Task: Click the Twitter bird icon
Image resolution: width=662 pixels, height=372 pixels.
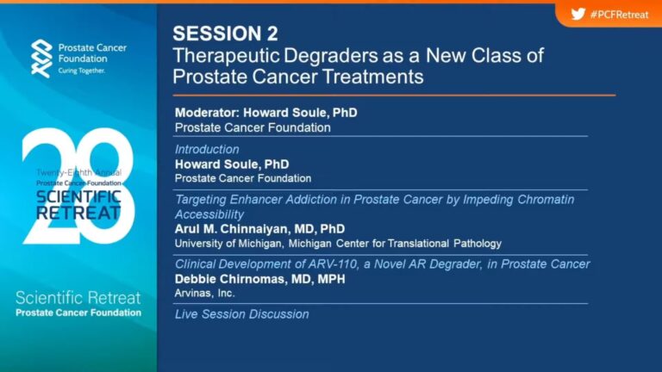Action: (x=578, y=15)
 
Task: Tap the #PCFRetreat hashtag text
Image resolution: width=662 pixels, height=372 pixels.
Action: (x=620, y=15)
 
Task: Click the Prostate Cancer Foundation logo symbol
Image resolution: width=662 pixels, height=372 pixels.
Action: (x=41, y=59)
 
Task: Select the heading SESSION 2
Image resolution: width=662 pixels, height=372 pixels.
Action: (x=226, y=34)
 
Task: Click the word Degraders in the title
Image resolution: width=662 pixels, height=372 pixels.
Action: (x=323, y=55)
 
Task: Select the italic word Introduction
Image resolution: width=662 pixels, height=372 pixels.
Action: (x=207, y=149)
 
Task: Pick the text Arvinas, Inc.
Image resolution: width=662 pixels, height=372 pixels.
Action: (x=205, y=293)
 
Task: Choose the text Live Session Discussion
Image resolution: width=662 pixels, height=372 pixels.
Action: (x=242, y=314)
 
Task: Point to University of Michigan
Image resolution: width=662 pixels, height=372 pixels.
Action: (x=228, y=244)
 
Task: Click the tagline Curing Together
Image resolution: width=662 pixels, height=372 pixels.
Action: (x=82, y=71)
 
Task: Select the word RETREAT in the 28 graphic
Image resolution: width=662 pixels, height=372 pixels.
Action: (x=78, y=213)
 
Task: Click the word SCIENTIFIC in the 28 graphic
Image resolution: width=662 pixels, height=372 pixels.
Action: (x=78, y=197)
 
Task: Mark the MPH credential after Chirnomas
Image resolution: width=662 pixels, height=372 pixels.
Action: (x=331, y=279)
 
